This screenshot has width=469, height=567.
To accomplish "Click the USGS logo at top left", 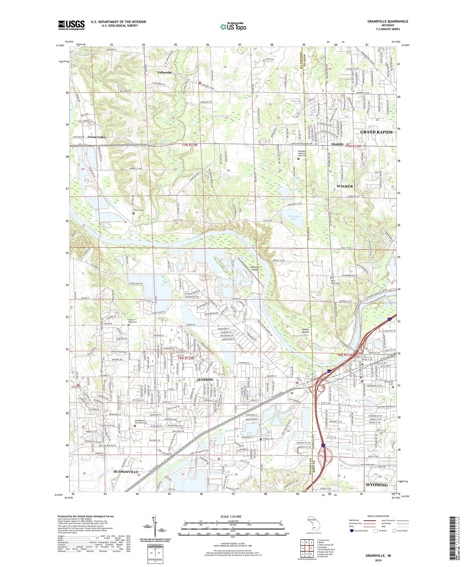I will tap(71, 25).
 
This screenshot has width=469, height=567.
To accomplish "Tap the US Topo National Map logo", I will tap(233, 27).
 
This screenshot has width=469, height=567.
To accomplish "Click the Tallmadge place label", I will tap(164, 72).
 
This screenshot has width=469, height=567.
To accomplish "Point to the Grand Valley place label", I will tap(97, 137).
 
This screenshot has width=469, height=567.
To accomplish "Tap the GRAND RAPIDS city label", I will tap(376, 132).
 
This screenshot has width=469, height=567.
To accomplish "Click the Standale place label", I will tap(337, 144).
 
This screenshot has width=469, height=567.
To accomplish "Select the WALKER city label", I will tap(345, 186).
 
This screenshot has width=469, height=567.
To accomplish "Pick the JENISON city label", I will tap(204, 379).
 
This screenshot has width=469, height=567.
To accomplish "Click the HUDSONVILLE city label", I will tap(126, 471).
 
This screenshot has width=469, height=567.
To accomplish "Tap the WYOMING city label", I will tap(376, 484).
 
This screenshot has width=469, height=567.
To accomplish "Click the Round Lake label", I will tap(295, 190).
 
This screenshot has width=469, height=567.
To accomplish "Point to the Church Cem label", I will tap(139, 210).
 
